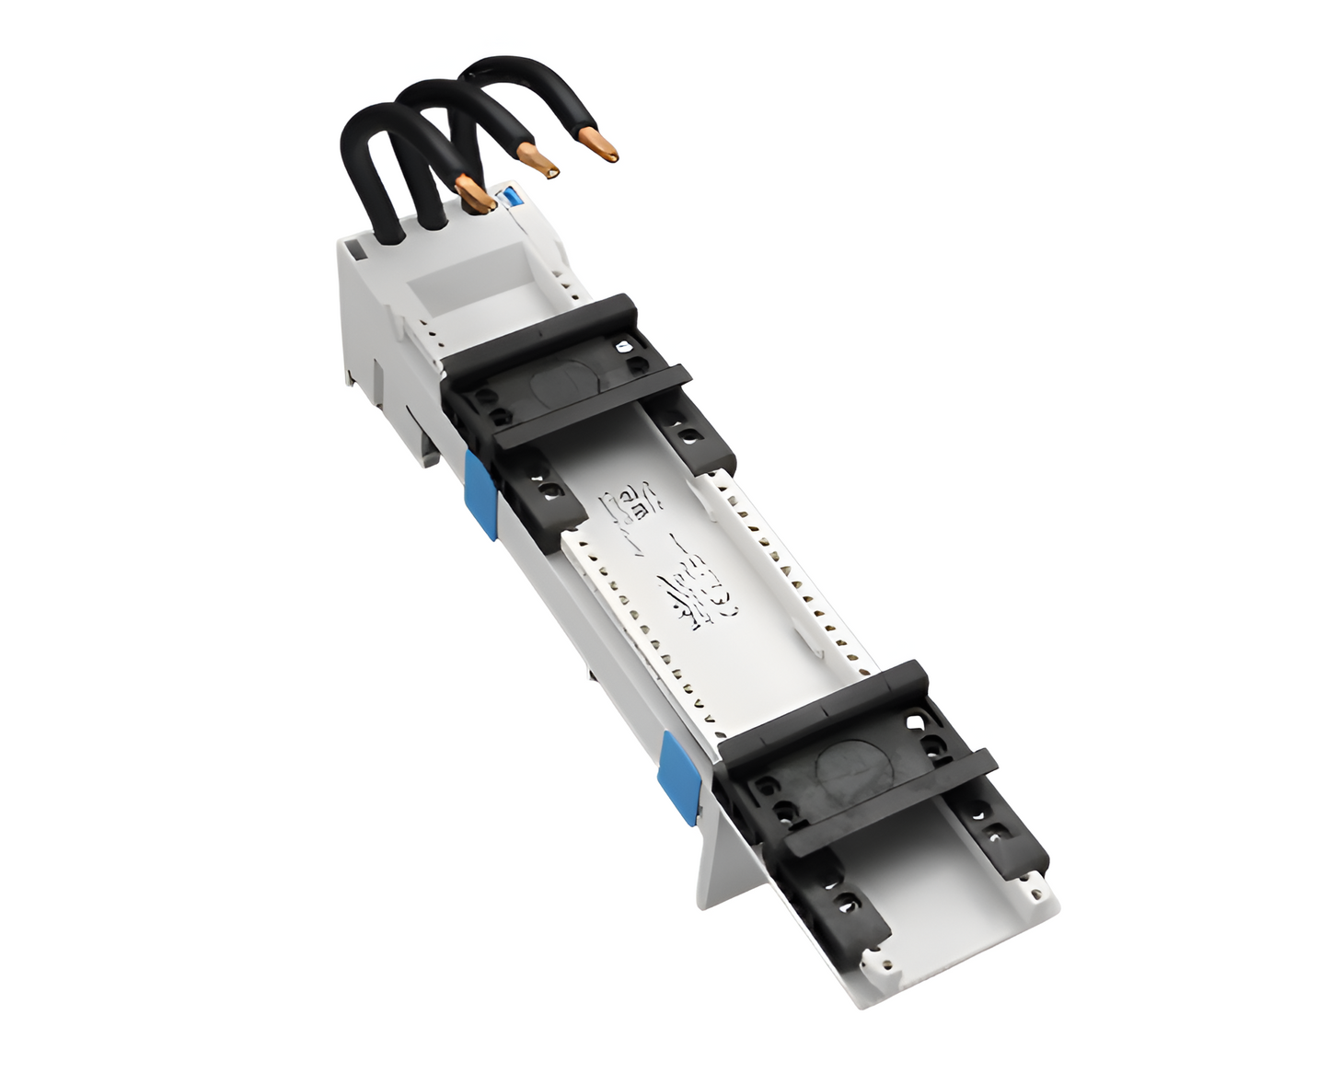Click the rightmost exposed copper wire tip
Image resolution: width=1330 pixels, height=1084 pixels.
click(598, 146)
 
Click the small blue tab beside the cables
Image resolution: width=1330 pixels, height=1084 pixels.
click(507, 196)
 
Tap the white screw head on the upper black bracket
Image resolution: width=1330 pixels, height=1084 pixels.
click(625, 347)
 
